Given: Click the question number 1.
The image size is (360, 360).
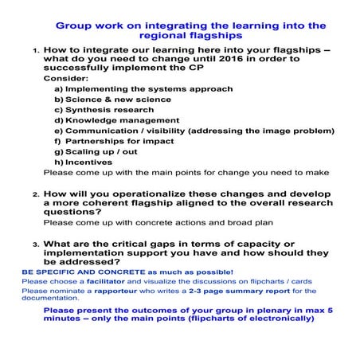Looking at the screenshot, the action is point(35,50).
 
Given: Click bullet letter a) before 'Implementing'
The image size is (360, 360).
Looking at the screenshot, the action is point(58,89).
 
